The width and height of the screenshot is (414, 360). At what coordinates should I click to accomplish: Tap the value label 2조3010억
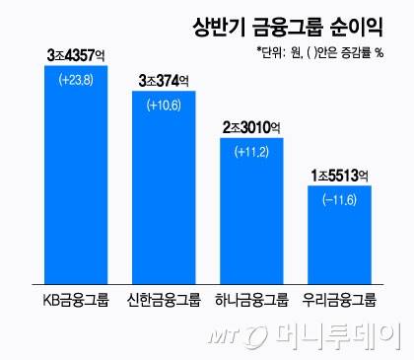[250, 125]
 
